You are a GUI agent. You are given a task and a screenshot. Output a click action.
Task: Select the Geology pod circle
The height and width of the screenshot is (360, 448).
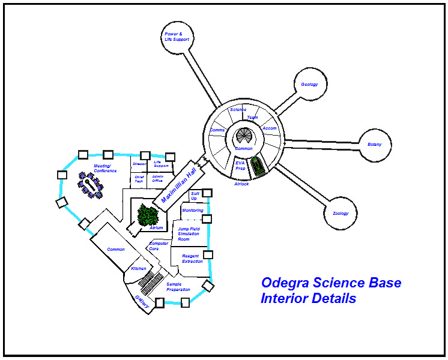point(309,85)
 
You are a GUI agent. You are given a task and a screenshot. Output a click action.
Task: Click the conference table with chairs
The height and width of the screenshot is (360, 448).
point(91,186)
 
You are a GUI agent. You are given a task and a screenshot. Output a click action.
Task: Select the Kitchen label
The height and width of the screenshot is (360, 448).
point(139,268)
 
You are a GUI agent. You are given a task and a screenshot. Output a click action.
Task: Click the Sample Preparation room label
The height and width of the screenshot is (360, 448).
point(178,287)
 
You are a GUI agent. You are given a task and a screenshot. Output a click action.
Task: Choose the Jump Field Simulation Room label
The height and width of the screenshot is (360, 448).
point(189,234)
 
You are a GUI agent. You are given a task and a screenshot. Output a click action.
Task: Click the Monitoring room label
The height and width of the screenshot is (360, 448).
point(193,211)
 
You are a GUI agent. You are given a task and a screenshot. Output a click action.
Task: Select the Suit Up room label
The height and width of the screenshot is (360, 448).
point(195,196)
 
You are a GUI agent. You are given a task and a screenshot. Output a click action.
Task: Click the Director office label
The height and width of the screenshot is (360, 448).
point(139,164)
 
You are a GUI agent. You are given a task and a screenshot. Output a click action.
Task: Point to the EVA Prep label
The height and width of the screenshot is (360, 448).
point(240,166)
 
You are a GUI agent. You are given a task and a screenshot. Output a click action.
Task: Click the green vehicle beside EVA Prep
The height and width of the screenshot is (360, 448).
point(258,166)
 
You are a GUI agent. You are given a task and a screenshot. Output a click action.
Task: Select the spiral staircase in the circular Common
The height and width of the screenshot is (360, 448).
point(244,136)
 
